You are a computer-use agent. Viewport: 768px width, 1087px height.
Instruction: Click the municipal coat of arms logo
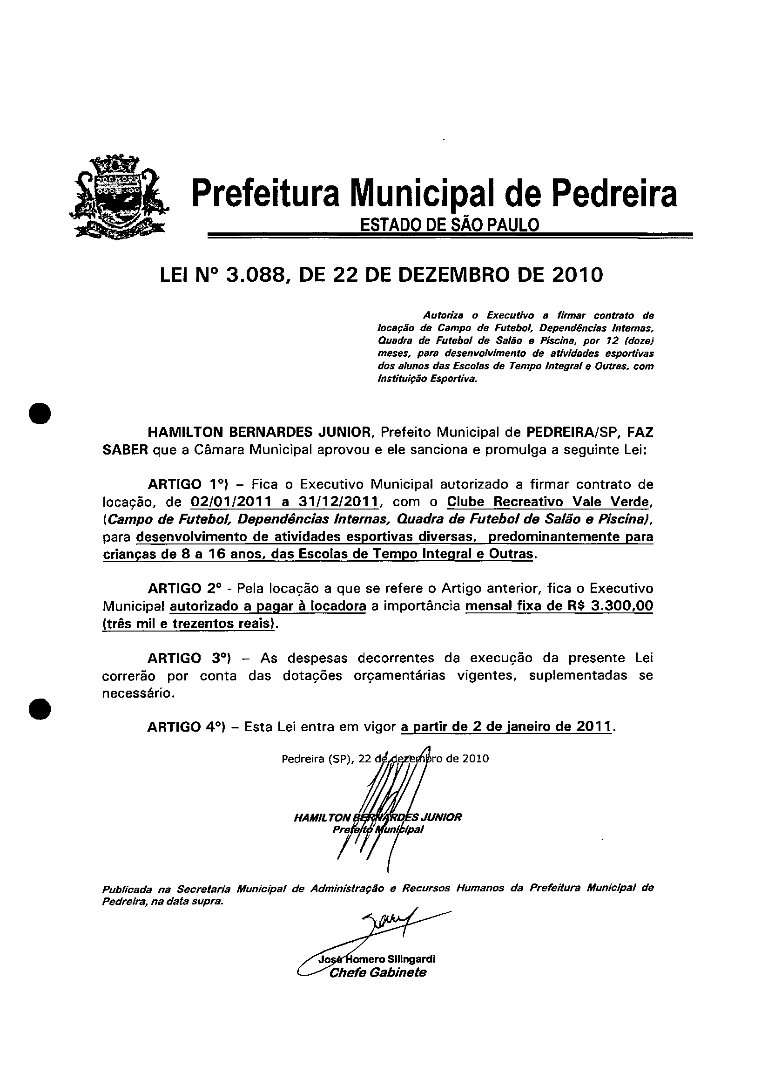[119, 196]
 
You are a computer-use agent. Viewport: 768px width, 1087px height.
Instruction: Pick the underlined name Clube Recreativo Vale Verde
[550, 502]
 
